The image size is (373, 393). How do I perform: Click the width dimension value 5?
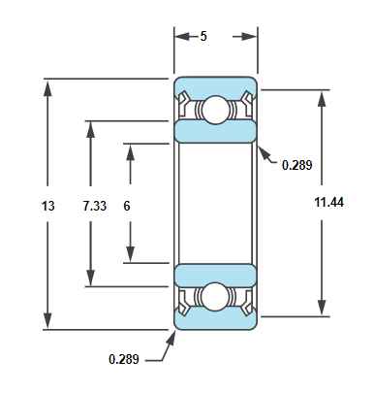pos(203,36)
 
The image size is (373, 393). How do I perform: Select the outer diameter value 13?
pos(48,206)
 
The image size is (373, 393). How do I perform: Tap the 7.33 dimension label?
pos(94,206)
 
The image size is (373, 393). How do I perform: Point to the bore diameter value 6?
pos(127,206)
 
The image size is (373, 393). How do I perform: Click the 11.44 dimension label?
pos(329,203)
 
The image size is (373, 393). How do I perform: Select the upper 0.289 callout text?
pos(297,165)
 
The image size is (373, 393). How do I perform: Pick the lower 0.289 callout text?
pos(124,359)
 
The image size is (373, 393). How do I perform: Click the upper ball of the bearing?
pos(215,110)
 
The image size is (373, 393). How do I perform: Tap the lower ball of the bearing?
pos(215,297)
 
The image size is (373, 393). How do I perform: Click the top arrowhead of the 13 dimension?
pos(47,89)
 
